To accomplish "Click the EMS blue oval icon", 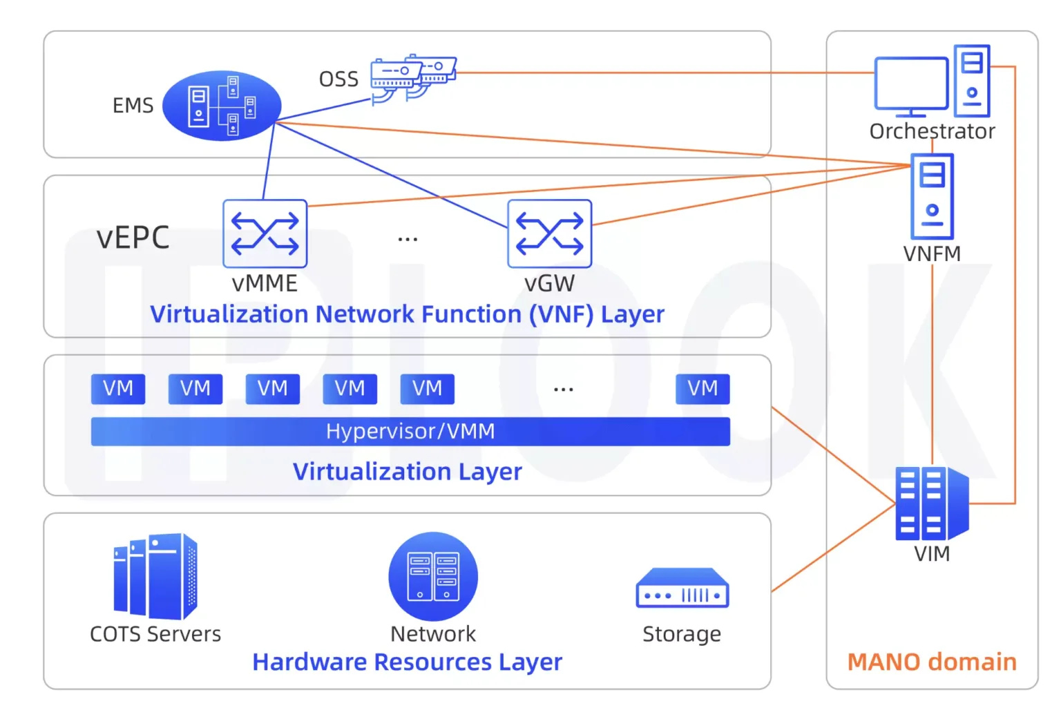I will (222, 106).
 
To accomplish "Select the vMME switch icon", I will (265, 233).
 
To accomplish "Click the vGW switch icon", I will (549, 233).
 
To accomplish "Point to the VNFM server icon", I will (932, 196).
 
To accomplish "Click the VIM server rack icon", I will (931, 504).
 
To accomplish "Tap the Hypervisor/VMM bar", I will (410, 431).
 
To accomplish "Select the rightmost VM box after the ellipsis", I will (702, 389).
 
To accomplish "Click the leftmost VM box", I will (118, 389).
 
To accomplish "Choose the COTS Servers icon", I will (155, 577).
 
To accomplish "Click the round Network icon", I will (433, 576).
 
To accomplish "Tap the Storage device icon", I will (682, 588).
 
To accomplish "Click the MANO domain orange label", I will (931, 662).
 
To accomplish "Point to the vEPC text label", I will (133, 238).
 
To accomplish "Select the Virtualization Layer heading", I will (407, 471).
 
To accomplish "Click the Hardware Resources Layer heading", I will (407, 662).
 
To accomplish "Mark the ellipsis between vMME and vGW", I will (408, 240).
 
